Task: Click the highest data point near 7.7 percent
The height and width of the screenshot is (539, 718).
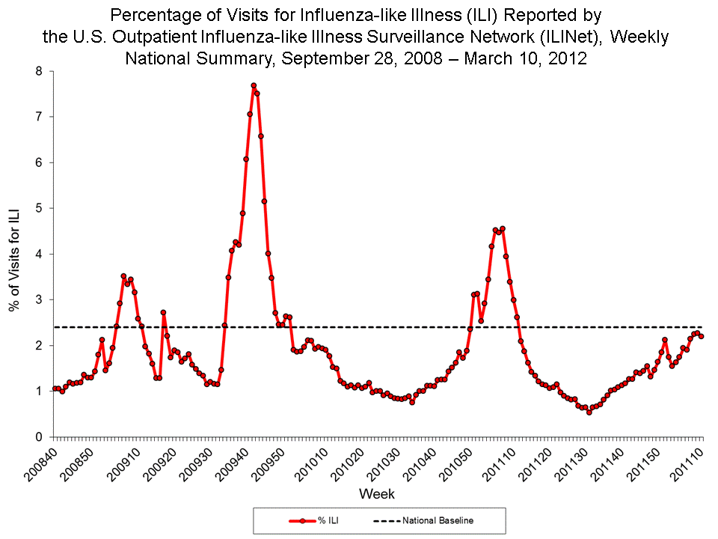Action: (x=254, y=85)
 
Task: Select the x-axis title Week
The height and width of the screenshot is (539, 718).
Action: (x=376, y=494)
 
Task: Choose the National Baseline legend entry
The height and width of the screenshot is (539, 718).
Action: (x=423, y=520)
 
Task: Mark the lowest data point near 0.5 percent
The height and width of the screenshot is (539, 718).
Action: (x=589, y=412)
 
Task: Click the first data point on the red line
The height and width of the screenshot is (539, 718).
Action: (x=54, y=389)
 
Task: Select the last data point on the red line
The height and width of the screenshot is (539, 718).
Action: (x=701, y=336)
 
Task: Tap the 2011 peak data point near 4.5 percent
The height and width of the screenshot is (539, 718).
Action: (x=502, y=228)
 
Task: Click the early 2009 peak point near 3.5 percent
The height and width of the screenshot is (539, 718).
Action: (x=123, y=276)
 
